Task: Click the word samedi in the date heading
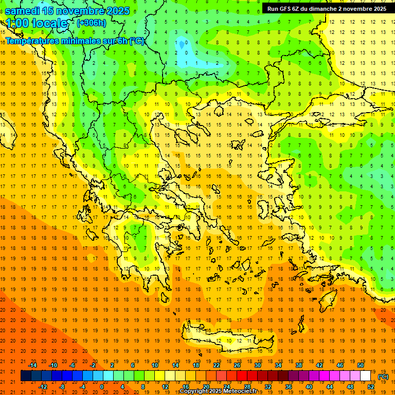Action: [x=23, y=11]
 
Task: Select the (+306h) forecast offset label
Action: [x=92, y=23]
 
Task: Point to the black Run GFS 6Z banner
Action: [x=327, y=8]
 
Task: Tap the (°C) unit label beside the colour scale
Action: [x=383, y=376]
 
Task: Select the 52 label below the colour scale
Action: [x=371, y=387]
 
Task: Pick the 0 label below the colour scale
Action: [x=102, y=387]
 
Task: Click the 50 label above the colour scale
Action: [x=361, y=365]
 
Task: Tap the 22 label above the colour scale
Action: [x=217, y=365]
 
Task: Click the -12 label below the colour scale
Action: [x=43, y=387]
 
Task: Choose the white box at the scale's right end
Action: [x=366, y=376]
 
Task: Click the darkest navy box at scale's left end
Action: [x=26, y=376]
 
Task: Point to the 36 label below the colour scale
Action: [x=289, y=387]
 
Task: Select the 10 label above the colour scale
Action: [x=155, y=365]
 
